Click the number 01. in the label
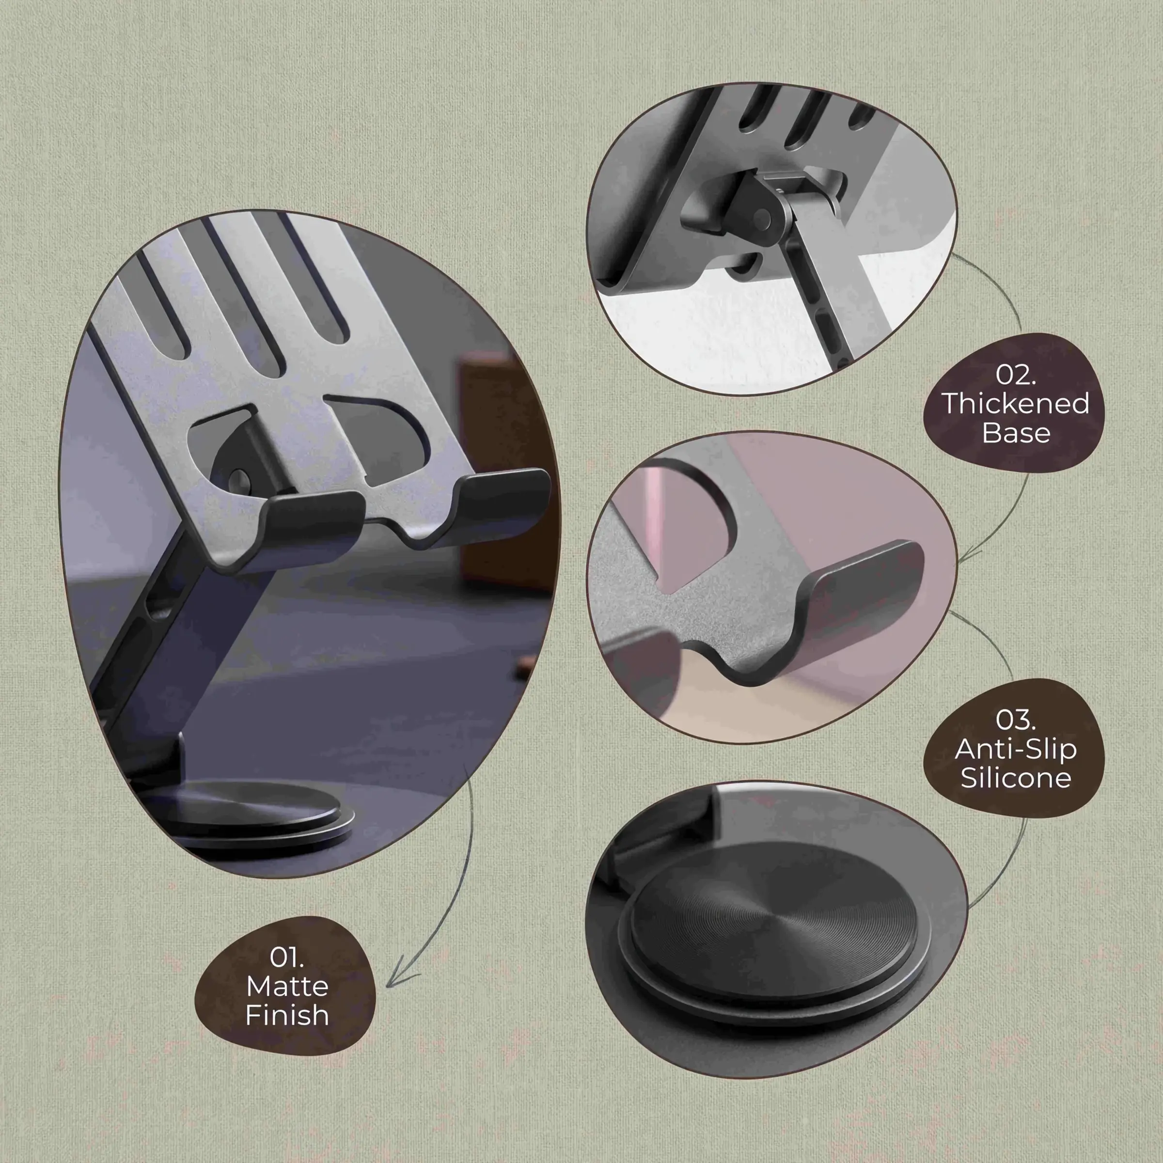(286, 957)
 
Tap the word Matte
(287, 986)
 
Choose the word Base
(1016, 433)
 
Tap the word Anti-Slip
(1016, 749)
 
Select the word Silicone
(1016, 778)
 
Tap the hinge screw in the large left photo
(239, 479)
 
